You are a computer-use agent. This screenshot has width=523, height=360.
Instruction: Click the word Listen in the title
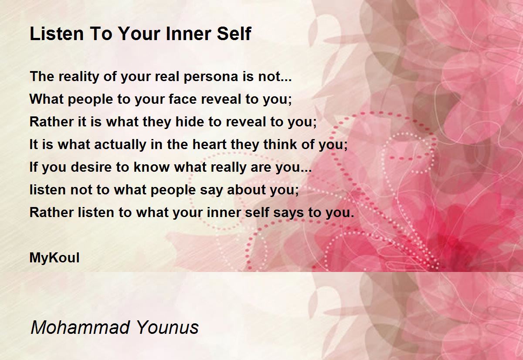coord(57,34)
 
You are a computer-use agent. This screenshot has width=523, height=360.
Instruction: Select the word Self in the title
coord(234,34)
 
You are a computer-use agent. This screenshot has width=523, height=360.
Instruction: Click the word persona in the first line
coord(211,77)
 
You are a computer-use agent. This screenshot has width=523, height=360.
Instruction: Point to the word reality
coord(79,77)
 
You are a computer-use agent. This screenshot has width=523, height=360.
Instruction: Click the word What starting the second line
coord(47,99)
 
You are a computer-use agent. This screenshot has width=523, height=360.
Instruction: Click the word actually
coord(120,145)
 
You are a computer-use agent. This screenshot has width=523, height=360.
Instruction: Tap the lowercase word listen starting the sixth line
coord(48,190)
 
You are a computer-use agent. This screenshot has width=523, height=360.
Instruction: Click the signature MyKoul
coord(54,258)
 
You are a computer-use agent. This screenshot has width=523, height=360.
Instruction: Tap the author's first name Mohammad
coord(80,327)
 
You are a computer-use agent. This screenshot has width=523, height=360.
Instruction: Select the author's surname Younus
coord(167,327)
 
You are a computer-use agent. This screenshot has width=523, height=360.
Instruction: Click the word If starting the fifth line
coord(33,167)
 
